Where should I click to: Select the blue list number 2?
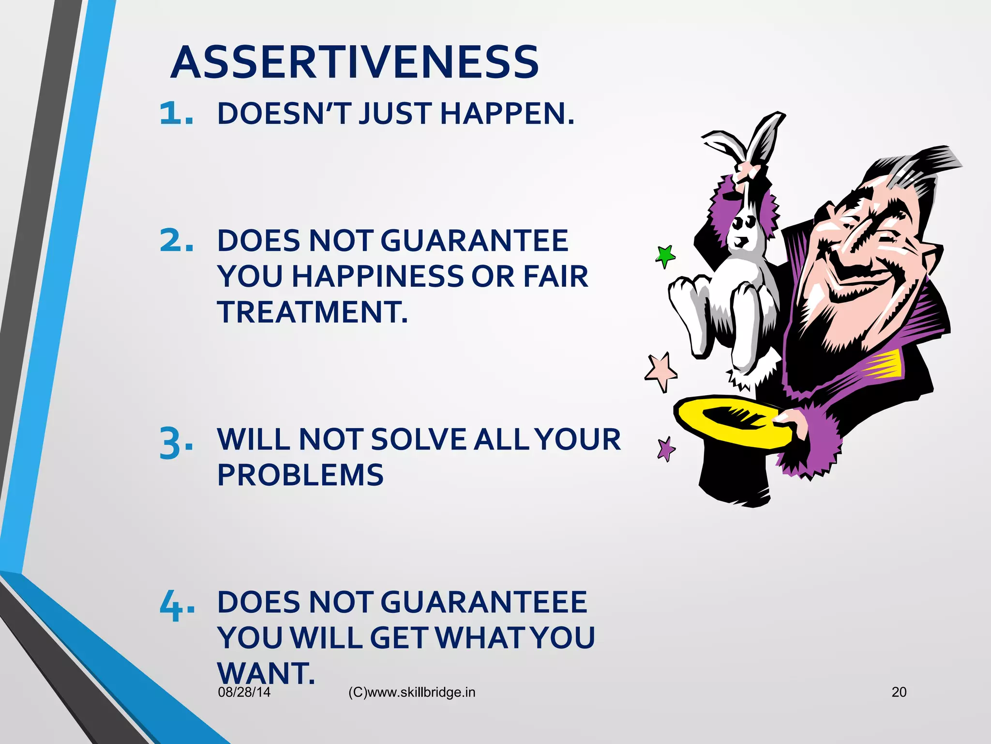click(177, 241)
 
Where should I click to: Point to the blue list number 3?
click(177, 442)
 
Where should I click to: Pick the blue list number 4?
click(177, 605)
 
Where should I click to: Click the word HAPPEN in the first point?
click(507, 114)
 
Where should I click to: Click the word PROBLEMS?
click(300, 475)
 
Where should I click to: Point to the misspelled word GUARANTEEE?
click(484, 603)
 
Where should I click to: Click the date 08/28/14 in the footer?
click(244, 692)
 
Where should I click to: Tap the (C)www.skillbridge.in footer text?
click(412, 693)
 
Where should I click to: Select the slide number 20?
click(899, 692)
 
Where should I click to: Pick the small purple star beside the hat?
click(666, 449)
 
